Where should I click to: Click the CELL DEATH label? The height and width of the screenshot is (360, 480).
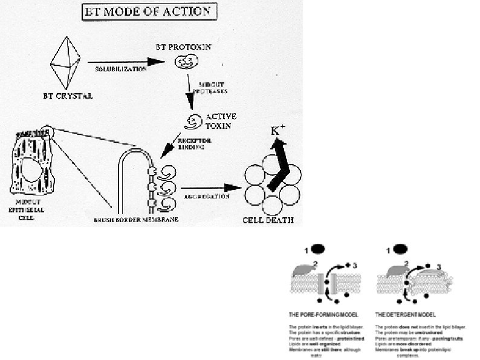[268, 220]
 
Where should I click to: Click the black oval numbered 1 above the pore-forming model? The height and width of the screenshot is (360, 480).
[318, 249]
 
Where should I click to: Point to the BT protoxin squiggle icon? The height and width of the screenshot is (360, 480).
[185, 61]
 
